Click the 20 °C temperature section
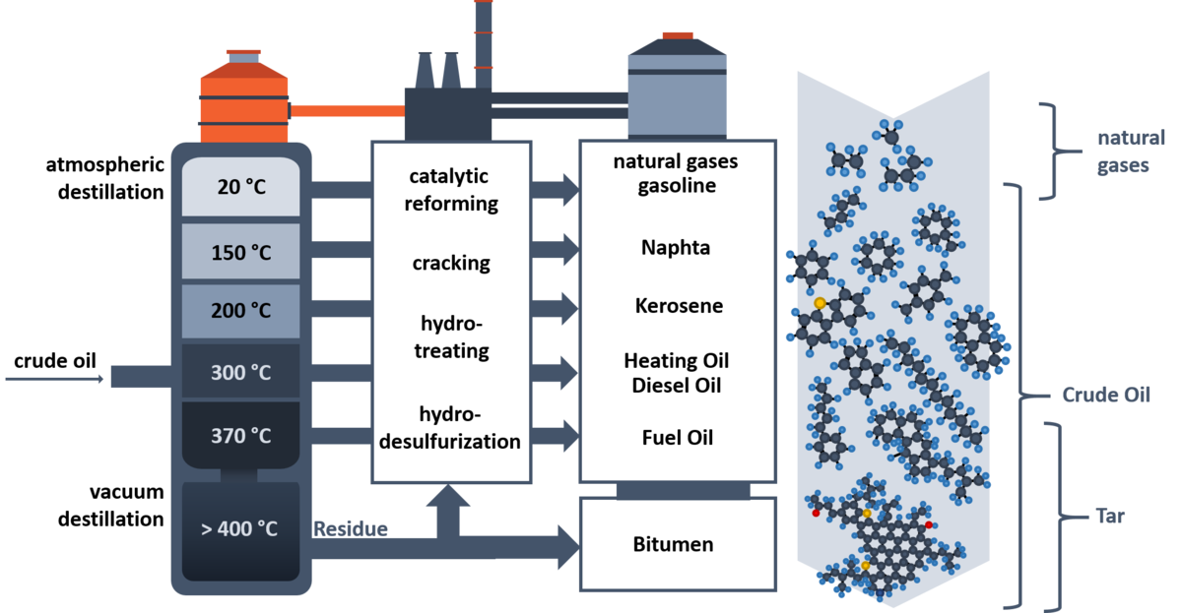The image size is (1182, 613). [x=240, y=187]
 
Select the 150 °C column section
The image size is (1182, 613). [x=240, y=252]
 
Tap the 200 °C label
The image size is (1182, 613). [x=241, y=311]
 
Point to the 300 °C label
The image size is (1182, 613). [x=241, y=373]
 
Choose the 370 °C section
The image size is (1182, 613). [x=240, y=435]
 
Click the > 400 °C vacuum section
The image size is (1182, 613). [x=240, y=530]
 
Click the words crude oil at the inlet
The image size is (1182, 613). [x=55, y=361]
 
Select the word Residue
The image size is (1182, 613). [x=351, y=528]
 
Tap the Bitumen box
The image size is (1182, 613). [x=678, y=544]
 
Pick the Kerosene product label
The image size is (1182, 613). [x=679, y=306]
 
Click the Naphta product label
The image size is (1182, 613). [x=676, y=248]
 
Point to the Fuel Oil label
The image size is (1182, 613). [x=678, y=438]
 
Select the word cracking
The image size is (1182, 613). [x=451, y=263]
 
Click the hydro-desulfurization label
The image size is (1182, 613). [x=450, y=427]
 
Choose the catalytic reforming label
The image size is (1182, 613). [x=450, y=190]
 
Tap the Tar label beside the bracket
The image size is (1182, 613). [x=1110, y=516]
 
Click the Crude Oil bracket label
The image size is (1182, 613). [x=1106, y=395]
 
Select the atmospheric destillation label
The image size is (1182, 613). [x=105, y=178]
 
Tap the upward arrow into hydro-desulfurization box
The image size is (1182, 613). [x=447, y=511]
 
